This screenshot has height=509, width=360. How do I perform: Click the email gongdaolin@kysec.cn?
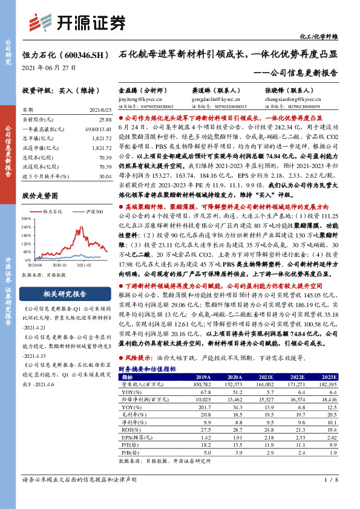coord(212,97)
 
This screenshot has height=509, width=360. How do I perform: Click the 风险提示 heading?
coord(136,358)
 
